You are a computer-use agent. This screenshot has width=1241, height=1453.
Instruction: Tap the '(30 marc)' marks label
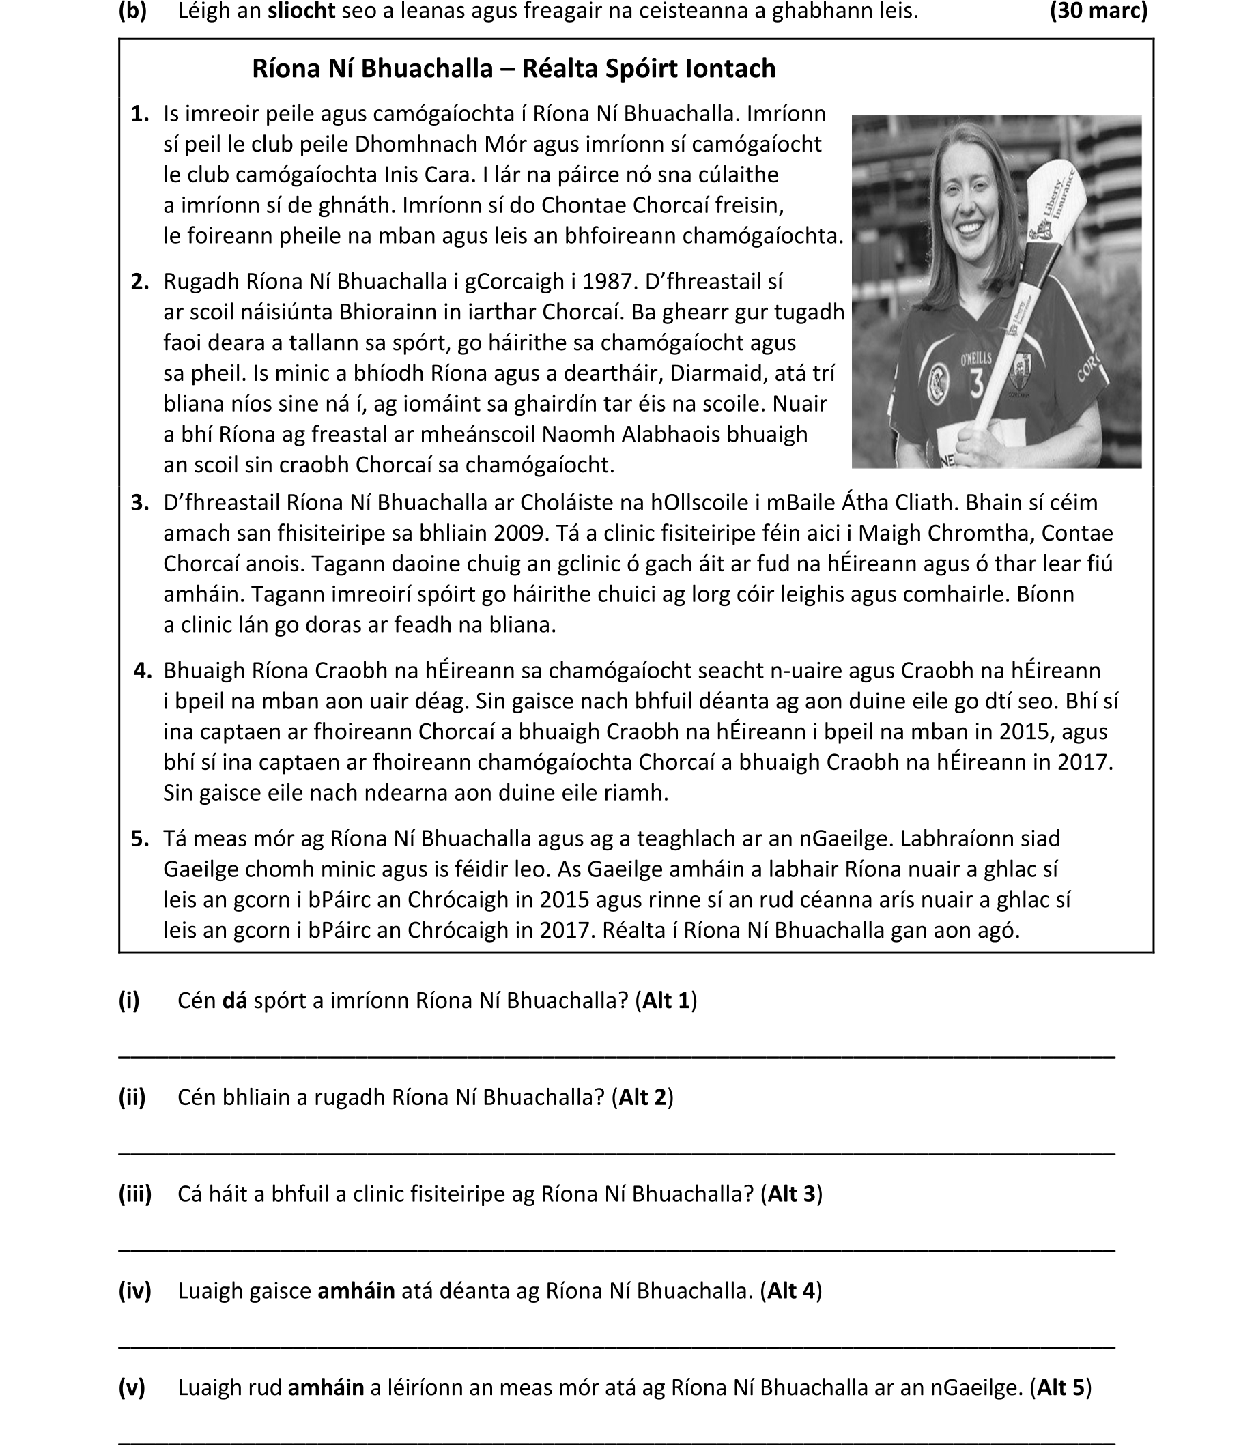(1098, 10)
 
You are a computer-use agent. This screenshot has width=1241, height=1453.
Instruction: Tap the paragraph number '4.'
(143, 671)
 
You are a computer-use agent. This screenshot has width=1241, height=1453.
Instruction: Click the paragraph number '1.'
(141, 113)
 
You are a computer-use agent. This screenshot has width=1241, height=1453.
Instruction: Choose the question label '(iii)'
(134, 1194)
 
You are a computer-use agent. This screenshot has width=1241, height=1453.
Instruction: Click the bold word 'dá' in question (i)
(234, 1001)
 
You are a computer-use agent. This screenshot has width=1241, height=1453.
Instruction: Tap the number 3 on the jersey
(976, 384)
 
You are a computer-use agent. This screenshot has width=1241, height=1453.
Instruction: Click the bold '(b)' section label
(132, 10)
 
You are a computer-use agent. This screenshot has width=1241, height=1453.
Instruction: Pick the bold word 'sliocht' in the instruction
(301, 10)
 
